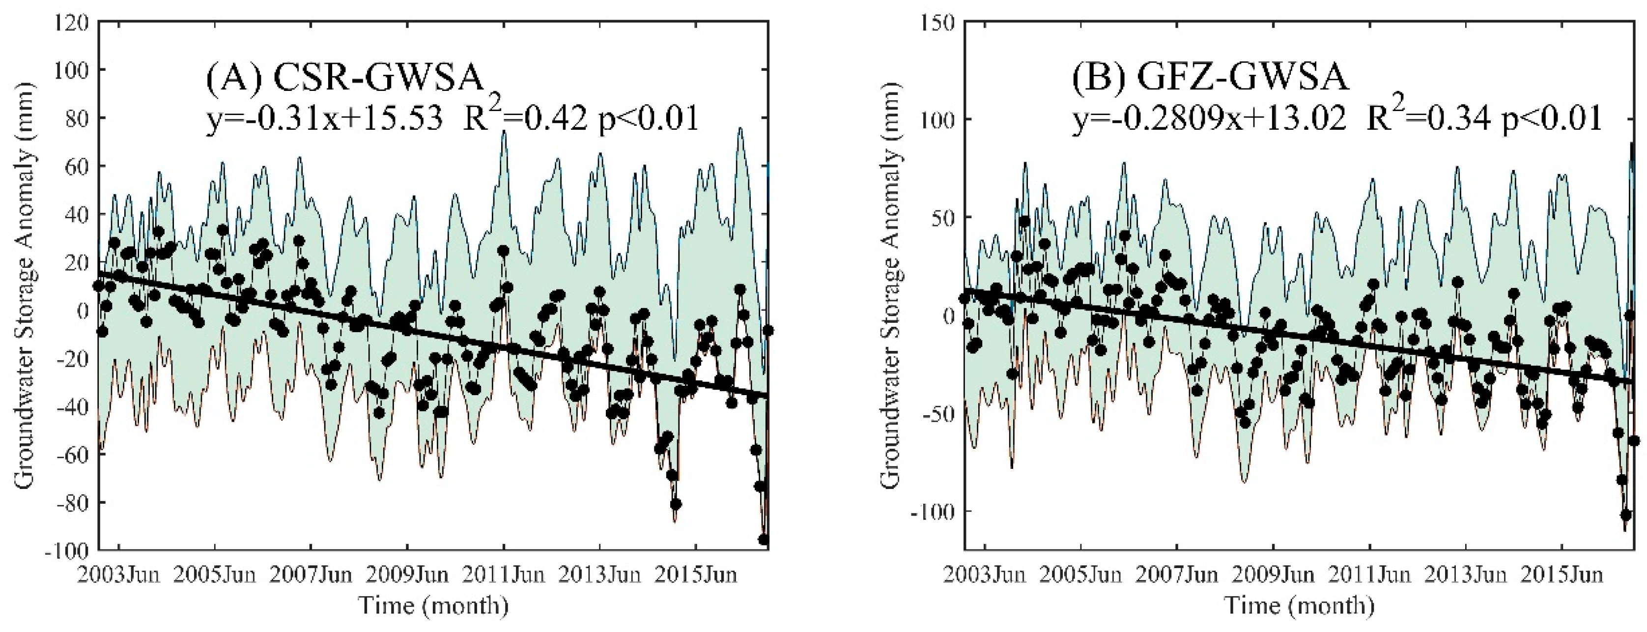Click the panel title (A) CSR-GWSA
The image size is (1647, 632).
[x=344, y=80]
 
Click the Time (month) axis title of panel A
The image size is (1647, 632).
[x=433, y=605]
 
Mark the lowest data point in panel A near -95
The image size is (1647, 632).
[x=764, y=539]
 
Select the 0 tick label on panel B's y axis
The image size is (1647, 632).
[x=948, y=316]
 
